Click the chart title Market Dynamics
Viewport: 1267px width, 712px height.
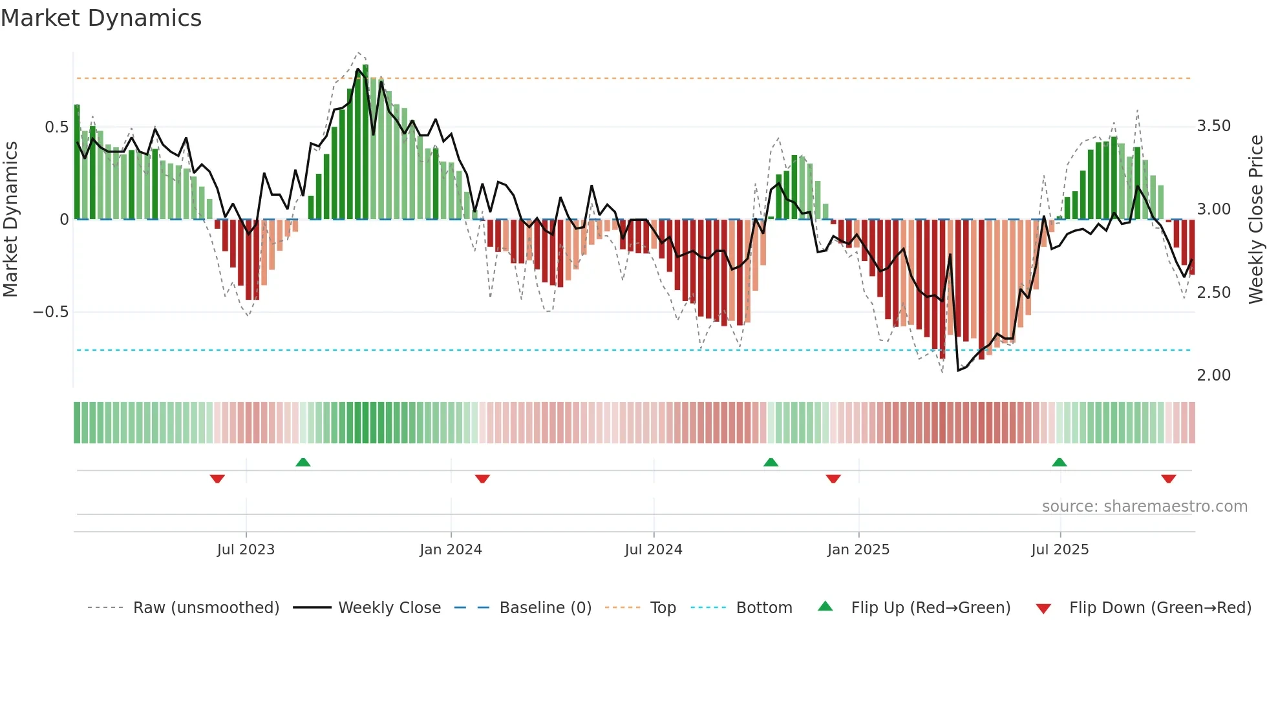[x=101, y=18]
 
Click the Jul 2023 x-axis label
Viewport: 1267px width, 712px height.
[x=246, y=549]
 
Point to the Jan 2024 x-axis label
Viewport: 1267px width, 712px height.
[x=451, y=549]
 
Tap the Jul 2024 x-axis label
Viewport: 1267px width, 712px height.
[x=654, y=549]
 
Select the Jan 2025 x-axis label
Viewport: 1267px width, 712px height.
[x=858, y=549]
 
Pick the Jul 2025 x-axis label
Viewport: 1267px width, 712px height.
[x=1060, y=549]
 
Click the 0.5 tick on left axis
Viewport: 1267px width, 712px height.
[x=56, y=127]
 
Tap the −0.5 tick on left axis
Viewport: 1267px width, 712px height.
[x=51, y=312]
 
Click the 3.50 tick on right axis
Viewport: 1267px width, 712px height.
[x=1214, y=126]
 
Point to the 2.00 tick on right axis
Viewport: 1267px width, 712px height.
[x=1214, y=375]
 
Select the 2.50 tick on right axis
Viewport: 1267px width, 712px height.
[x=1214, y=293]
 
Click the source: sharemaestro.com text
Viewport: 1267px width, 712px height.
[x=1144, y=506]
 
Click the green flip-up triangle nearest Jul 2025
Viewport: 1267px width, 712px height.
[x=1059, y=462]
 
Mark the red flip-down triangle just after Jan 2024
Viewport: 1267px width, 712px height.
[x=482, y=479]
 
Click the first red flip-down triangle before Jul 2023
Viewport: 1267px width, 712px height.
[x=217, y=479]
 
